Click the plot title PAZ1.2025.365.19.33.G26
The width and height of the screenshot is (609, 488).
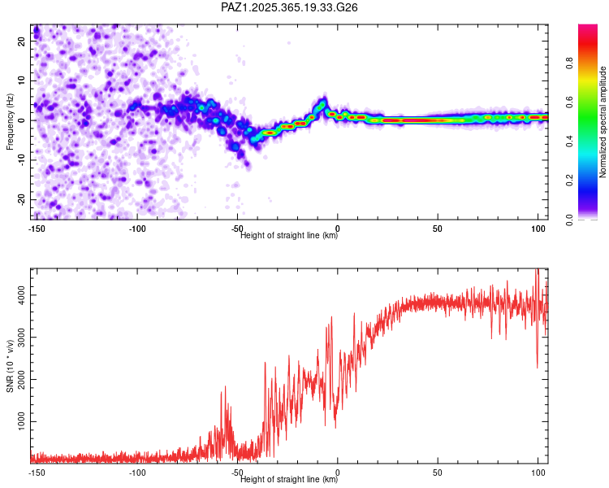(290, 7)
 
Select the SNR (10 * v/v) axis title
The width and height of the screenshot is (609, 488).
(10, 364)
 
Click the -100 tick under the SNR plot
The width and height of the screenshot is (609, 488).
(136, 472)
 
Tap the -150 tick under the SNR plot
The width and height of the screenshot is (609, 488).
(35, 472)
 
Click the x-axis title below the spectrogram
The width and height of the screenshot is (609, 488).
(289, 236)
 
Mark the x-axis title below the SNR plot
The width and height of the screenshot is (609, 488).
(289, 480)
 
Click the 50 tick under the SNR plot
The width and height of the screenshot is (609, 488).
(438, 472)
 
